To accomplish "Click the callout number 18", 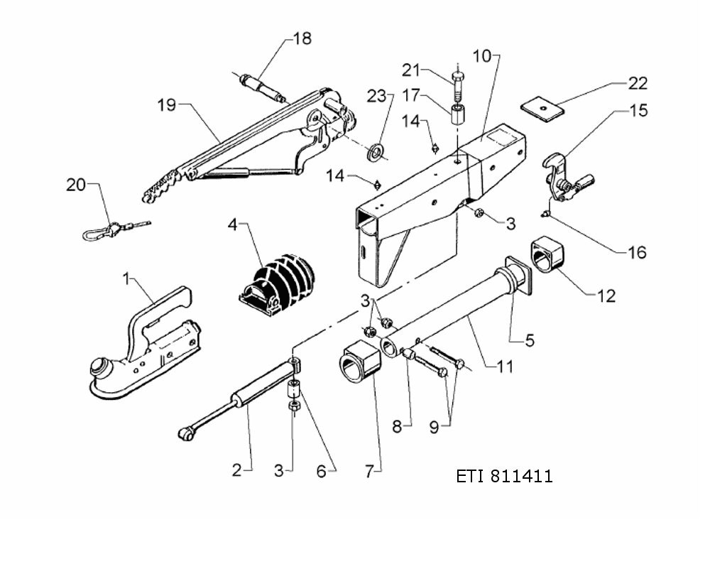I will [x=302, y=38].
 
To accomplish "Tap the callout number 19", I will [x=166, y=105].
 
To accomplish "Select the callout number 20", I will [x=76, y=185].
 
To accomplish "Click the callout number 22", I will [x=638, y=83].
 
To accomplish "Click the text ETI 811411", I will [x=504, y=476].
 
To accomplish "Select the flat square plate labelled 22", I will [x=541, y=108].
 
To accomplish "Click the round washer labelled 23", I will [x=374, y=151].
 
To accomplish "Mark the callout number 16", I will [x=637, y=251].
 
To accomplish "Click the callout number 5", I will [x=530, y=340].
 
